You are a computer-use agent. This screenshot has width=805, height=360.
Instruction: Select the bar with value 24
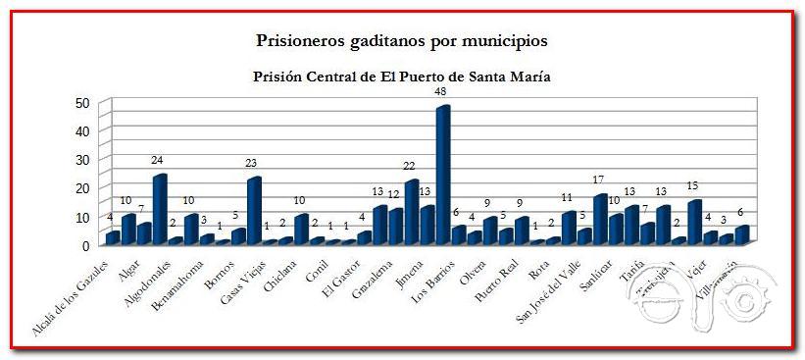[159, 209]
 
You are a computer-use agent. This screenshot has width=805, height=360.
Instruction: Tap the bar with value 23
[254, 211]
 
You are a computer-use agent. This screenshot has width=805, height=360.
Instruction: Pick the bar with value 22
[411, 212]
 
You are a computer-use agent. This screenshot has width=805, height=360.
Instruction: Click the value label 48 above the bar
[440, 91]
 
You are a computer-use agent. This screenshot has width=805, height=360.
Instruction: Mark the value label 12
[393, 194]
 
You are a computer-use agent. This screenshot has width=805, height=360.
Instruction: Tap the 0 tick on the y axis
[86, 244]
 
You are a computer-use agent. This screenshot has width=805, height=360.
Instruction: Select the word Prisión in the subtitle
[280, 76]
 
